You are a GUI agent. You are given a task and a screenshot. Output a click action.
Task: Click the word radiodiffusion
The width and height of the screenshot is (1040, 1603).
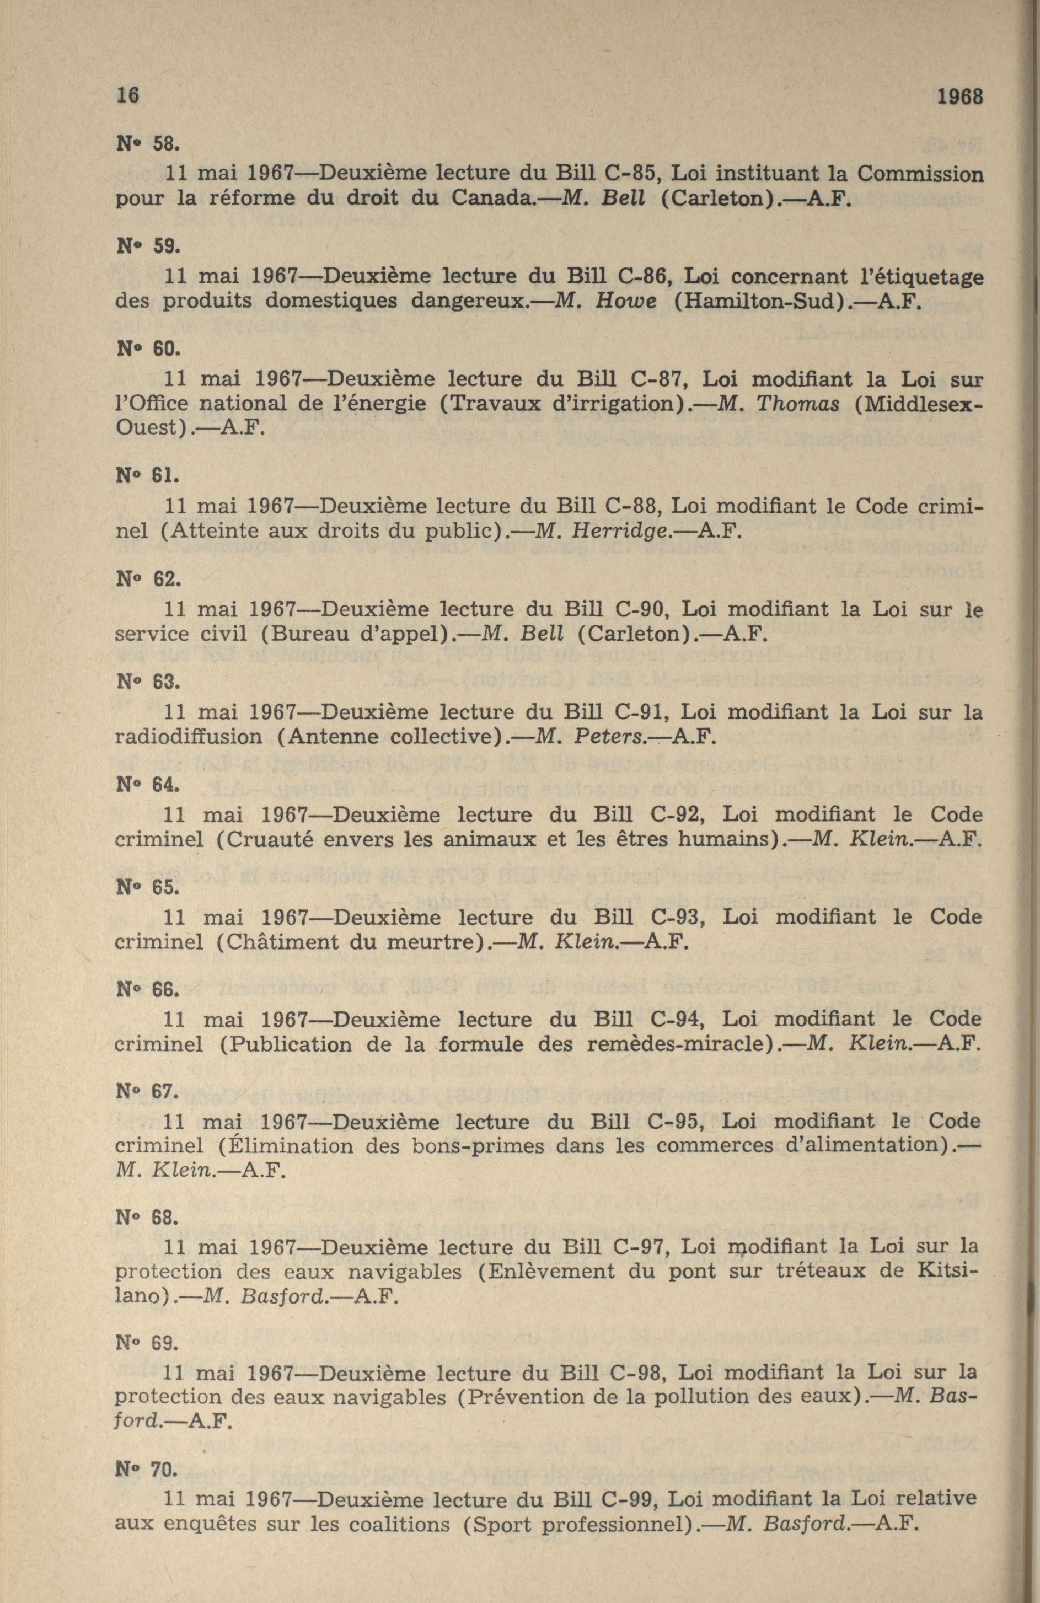[x=189, y=737]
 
